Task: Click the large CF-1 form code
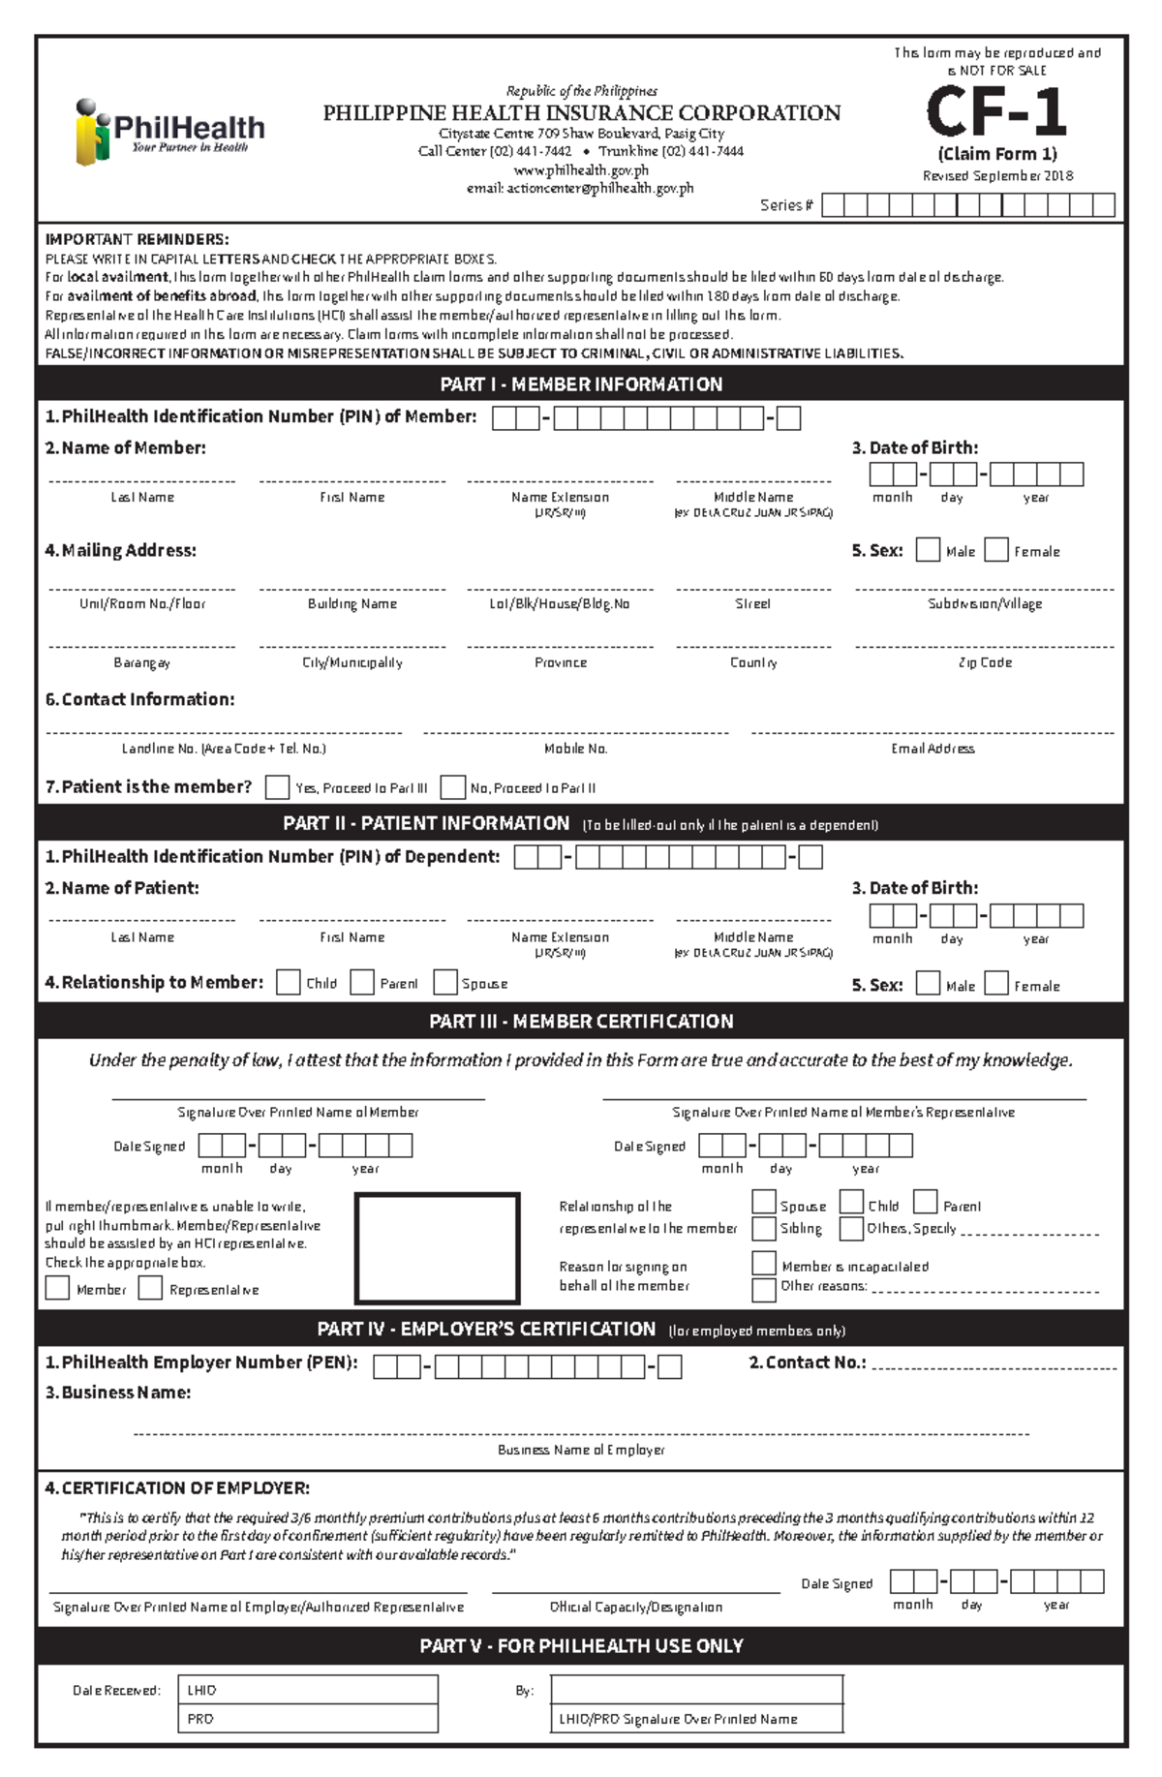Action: click(x=996, y=112)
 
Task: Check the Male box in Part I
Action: click(x=928, y=550)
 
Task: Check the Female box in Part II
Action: click(x=996, y=984)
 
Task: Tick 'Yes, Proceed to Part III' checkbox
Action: click(x=277, y=787)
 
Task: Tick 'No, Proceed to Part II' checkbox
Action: click(x=452, y=787)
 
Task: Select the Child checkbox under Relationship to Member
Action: click(x=288, y=983)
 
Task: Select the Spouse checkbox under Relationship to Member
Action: click(x=445, y=983)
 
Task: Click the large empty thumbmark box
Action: click(x=438, y=1248)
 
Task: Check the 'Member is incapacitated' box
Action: click(x=764, y=1264)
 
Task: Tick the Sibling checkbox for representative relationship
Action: click(x=764, y=1229)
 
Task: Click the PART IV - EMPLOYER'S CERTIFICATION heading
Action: click(x=581, y=1330)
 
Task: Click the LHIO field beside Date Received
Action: click(x=308, y=1690)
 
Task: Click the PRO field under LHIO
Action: click(x=308, y=1719)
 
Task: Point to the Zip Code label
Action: click(x=985, y=663)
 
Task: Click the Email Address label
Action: click(x=933, y=749)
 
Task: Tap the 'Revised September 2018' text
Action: click(x=997, y=176)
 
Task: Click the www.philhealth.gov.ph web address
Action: click(x=581, y=170)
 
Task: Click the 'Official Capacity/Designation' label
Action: click(x=636, y=1607)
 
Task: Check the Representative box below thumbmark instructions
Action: click(x=150, y=1289)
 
